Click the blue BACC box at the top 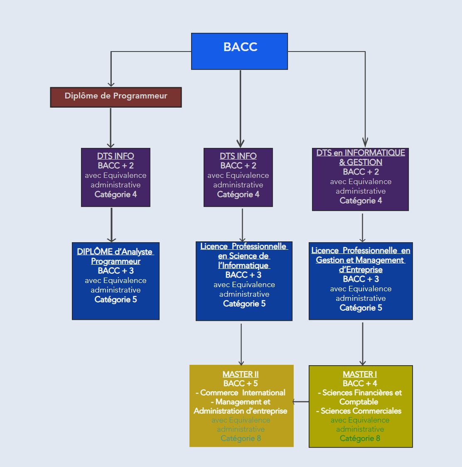point(239,51)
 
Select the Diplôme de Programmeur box point(116,97)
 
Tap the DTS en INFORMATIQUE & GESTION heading point(361,157)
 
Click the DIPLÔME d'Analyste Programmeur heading point(116,256)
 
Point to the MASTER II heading point(241,374)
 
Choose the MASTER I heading point(360,374)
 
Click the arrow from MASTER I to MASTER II point(301,402)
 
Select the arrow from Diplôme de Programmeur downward point(111,127)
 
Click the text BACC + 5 point(241,383)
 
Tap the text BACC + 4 point(360,383)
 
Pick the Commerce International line point(241,393)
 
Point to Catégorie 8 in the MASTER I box point(360,438)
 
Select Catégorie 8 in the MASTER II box point(241,438)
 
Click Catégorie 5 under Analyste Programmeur point(116,300)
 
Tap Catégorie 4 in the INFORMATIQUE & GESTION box point(361,201)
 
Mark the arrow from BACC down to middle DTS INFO point(240,108)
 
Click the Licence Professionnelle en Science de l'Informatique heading point(244,256)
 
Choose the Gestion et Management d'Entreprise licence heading point(361,260)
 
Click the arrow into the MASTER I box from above point(363,343)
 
